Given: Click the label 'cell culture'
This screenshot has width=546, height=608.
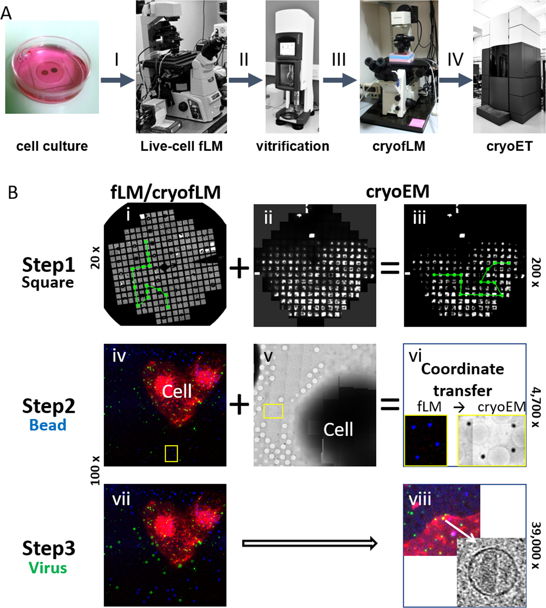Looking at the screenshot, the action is (52, 146).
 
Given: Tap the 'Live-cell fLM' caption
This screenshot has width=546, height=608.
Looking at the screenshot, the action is (181, 146).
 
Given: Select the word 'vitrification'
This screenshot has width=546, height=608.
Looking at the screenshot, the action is (292, 146).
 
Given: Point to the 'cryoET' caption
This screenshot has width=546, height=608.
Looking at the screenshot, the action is (509, 146).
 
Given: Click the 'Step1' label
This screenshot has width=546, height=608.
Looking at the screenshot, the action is (48, 265).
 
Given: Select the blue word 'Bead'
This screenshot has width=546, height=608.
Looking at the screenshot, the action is (48, 425).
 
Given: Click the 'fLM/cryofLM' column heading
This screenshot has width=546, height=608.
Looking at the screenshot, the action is (166, 193).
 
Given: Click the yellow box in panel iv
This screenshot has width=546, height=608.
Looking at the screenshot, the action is (171, 453).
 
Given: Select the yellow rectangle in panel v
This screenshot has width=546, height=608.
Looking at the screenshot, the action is (273, 411).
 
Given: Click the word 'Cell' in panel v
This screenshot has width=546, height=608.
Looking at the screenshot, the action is (338, 429).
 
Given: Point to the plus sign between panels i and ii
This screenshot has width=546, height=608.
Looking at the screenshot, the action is (239, 268).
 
